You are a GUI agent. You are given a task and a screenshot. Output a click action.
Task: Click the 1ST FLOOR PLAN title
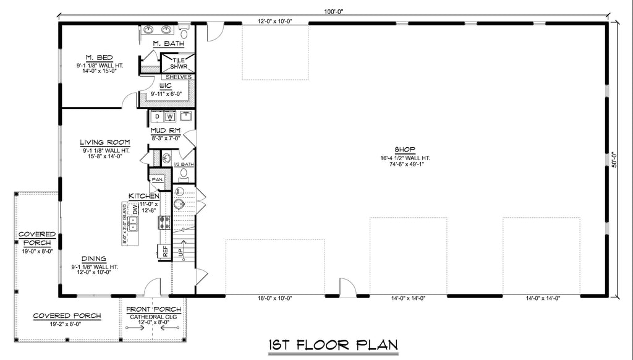(x=332, y=345)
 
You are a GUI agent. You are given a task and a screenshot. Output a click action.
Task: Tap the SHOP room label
(x=405, y=149)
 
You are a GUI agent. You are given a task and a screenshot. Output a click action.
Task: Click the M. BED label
(x=95, y=57)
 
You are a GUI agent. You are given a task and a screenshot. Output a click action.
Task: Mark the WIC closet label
(x=165, y=85)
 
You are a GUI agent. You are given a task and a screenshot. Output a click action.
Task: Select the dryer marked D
(x=157, y=116)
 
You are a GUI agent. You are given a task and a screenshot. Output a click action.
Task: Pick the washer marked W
(x=169, y=116)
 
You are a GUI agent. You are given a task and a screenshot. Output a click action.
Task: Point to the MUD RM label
(x=165, y=131)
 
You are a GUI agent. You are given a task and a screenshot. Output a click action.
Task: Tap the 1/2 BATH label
(x=184, y=164)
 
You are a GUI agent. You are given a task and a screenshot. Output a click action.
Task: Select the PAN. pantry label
(x=156, y=179)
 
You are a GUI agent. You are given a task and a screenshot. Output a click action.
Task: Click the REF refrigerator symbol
(x=165, y=251)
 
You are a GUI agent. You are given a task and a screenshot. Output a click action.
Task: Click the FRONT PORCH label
(x=153, y=309)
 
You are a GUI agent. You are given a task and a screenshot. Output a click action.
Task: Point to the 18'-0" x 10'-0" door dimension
(x=274, y=298)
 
